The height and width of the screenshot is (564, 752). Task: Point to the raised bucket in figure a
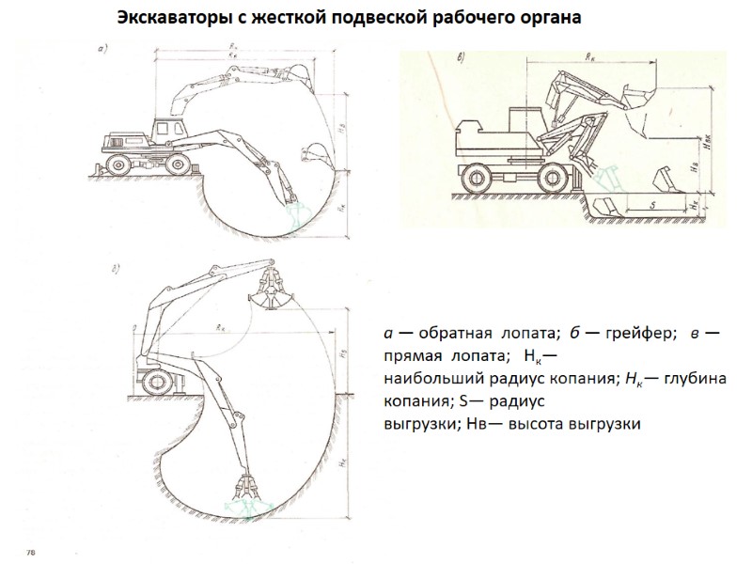tap(299, 71)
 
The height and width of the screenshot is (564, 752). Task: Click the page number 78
tap(31, 550)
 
